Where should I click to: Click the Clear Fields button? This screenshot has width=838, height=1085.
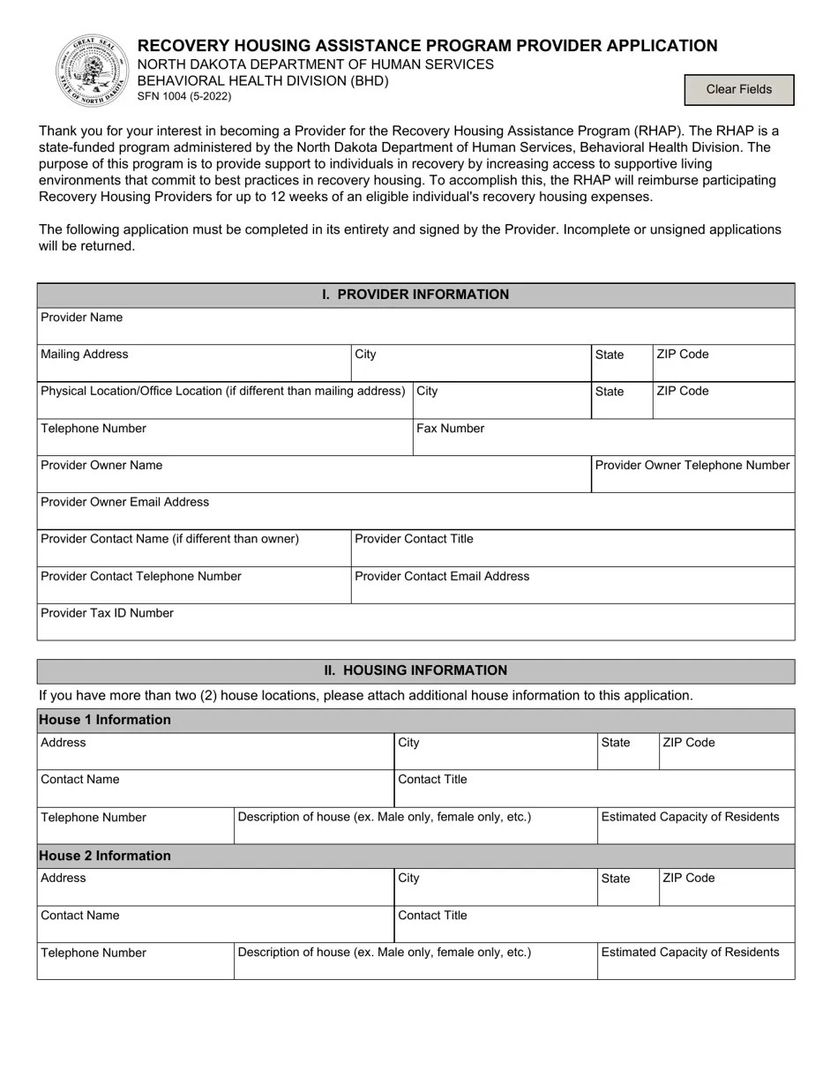click(738, 89)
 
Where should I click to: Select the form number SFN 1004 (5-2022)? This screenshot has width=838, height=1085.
click(185, 97)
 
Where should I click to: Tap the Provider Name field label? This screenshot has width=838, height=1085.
click(82, 318)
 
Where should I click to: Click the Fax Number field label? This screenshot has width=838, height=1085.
click(450, 429)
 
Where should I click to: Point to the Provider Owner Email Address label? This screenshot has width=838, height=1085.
click(125, 502)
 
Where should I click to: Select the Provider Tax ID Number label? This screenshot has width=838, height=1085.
click(108, 613)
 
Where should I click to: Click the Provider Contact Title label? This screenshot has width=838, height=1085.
click(414, 539)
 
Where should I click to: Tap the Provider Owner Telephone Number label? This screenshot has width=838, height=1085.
click(692, 465)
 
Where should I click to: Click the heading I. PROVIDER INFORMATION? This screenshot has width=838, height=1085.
click(415, 295)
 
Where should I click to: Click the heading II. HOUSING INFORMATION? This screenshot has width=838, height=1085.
click(415, 670)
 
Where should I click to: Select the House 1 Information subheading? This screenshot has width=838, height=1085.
click(105, 720)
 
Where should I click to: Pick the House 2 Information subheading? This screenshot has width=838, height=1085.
click(105, 856)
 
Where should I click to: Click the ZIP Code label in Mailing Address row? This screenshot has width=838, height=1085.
click(683, 355)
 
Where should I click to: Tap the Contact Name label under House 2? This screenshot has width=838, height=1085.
click(80, 916)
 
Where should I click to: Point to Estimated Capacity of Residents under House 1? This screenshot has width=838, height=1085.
click(690, 817)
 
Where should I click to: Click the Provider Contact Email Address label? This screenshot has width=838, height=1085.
click(442, 576)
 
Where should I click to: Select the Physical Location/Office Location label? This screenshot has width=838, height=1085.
click(223, 391)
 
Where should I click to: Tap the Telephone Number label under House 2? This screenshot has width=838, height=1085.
click(94, 953)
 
